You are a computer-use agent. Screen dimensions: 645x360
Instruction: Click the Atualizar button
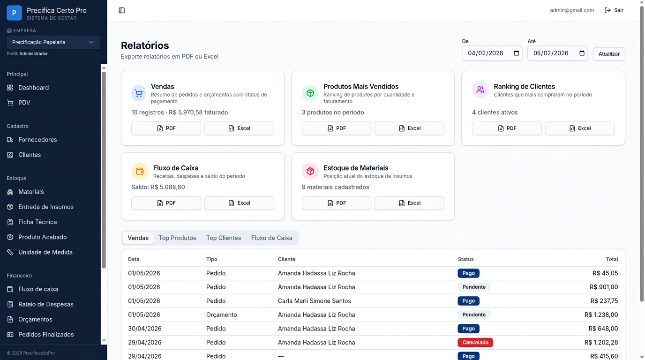(x=609, y=54)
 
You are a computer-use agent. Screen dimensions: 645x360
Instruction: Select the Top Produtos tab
(x=177, y=238)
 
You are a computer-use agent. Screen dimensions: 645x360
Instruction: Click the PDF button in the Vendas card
(x=166, y=128)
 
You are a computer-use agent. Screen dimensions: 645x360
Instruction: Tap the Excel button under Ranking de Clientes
(x=580, y=128)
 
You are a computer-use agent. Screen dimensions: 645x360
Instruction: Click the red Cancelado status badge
(x=475, y=343)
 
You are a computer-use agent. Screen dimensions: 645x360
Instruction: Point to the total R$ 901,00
(x=604, y=287)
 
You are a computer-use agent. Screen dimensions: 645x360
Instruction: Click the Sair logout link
(x=614, y=10)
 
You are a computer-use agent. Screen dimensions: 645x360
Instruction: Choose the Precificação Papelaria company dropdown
(x=53, y=42)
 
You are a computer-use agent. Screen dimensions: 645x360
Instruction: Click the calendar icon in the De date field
(x=516, y=53)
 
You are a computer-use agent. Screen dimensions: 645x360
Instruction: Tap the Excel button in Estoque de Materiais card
(x=409, y=203)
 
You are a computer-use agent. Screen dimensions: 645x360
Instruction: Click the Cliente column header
(x=286, y=259)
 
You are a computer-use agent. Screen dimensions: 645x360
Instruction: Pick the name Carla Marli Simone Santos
(x=315, y=300)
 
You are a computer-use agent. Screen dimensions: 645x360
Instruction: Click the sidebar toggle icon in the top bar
(x=122, y=10)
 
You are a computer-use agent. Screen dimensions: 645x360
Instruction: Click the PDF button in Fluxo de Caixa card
(x=166, y=203)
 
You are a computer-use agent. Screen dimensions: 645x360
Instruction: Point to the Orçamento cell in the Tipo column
(x=221, y=315)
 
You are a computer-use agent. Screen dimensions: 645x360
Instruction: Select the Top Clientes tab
(x=224, y=238)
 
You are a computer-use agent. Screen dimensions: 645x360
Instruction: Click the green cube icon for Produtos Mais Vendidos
(x=310, y=93)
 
